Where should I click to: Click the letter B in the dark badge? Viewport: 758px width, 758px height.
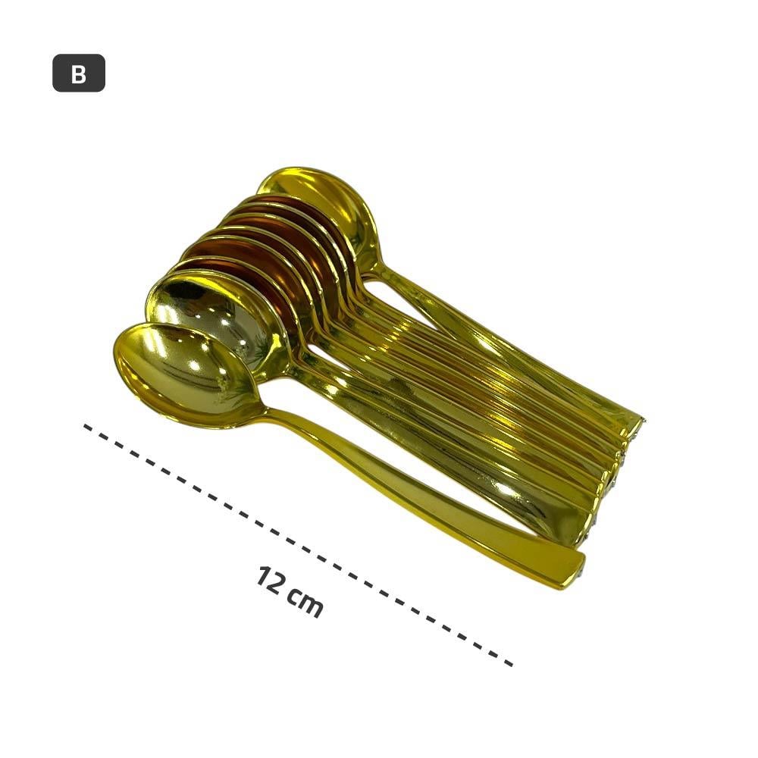click(78, 74)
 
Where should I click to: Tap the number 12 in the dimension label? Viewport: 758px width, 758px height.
click(269, 580)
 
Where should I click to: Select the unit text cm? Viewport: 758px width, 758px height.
click(305, 603)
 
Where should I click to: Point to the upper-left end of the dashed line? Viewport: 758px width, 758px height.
click(85, 426)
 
